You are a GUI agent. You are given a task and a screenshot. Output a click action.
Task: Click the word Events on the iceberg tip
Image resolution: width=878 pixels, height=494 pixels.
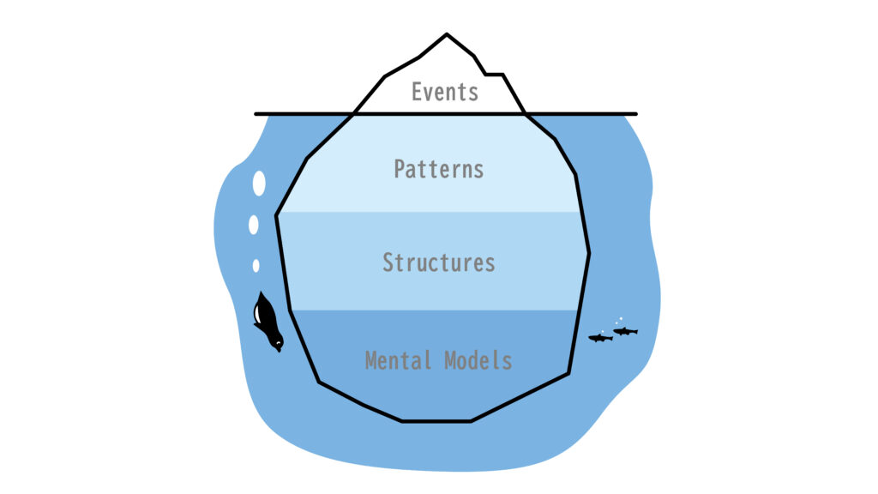point(445,92)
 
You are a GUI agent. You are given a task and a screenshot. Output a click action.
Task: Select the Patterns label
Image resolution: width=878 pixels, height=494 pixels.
point(439,169)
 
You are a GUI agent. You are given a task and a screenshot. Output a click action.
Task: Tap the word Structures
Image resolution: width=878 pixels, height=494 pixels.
point(439,262)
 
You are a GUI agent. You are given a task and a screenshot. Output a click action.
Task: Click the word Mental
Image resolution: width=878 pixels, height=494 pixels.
point(398,360)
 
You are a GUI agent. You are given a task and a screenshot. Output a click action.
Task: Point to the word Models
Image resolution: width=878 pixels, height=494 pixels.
point(478,360)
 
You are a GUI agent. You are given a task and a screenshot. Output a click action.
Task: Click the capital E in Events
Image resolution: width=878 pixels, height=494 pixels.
point(417,92)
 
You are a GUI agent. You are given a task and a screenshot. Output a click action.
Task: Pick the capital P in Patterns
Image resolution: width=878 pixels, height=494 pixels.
point(400,169)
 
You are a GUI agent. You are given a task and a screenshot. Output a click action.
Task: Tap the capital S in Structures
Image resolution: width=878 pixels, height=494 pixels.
point(388,262)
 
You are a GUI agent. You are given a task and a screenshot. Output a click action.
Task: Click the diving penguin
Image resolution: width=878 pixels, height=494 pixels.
point(268,322)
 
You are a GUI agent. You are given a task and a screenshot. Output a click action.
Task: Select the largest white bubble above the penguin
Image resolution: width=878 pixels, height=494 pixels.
point(259,184)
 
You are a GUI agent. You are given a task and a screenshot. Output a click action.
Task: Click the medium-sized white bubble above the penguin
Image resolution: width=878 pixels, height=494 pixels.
point(254,225)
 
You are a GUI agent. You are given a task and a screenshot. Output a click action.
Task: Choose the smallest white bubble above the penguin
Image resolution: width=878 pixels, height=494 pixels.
point(256,266)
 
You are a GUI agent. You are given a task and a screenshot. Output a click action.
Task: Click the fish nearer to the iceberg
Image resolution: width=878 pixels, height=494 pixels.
point(599,338)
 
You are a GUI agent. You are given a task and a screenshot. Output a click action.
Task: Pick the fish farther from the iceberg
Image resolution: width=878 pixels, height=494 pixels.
point(625,331)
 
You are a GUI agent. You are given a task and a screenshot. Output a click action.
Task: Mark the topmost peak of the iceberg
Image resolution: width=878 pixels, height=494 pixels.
point(446,34)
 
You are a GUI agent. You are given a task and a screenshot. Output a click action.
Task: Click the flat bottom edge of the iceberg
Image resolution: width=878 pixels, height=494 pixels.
point(436,421)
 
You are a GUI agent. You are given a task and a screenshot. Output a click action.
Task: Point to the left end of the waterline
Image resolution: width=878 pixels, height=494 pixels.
point(256,114)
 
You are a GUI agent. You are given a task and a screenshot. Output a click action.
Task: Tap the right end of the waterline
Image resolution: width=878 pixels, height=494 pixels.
point(636,114)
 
